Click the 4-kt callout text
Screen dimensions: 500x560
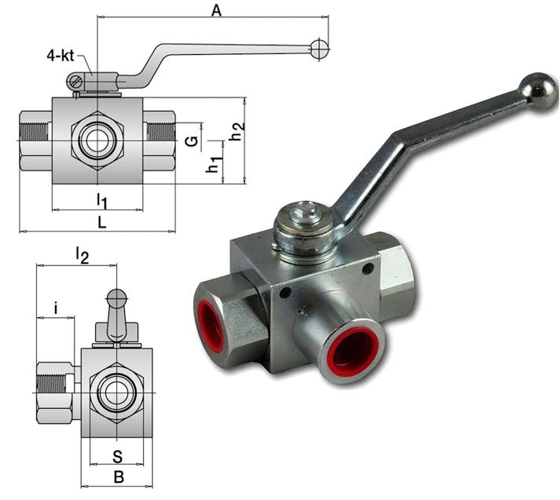click(x=60, y=55)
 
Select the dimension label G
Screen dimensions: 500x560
click(x=190, y=141)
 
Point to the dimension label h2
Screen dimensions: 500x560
click(x=236, y=131)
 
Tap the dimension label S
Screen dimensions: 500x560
click(x=116, y=455)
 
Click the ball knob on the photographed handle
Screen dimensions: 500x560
click(x=540, y=89)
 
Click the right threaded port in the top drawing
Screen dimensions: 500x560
click(x=159, y=141)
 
